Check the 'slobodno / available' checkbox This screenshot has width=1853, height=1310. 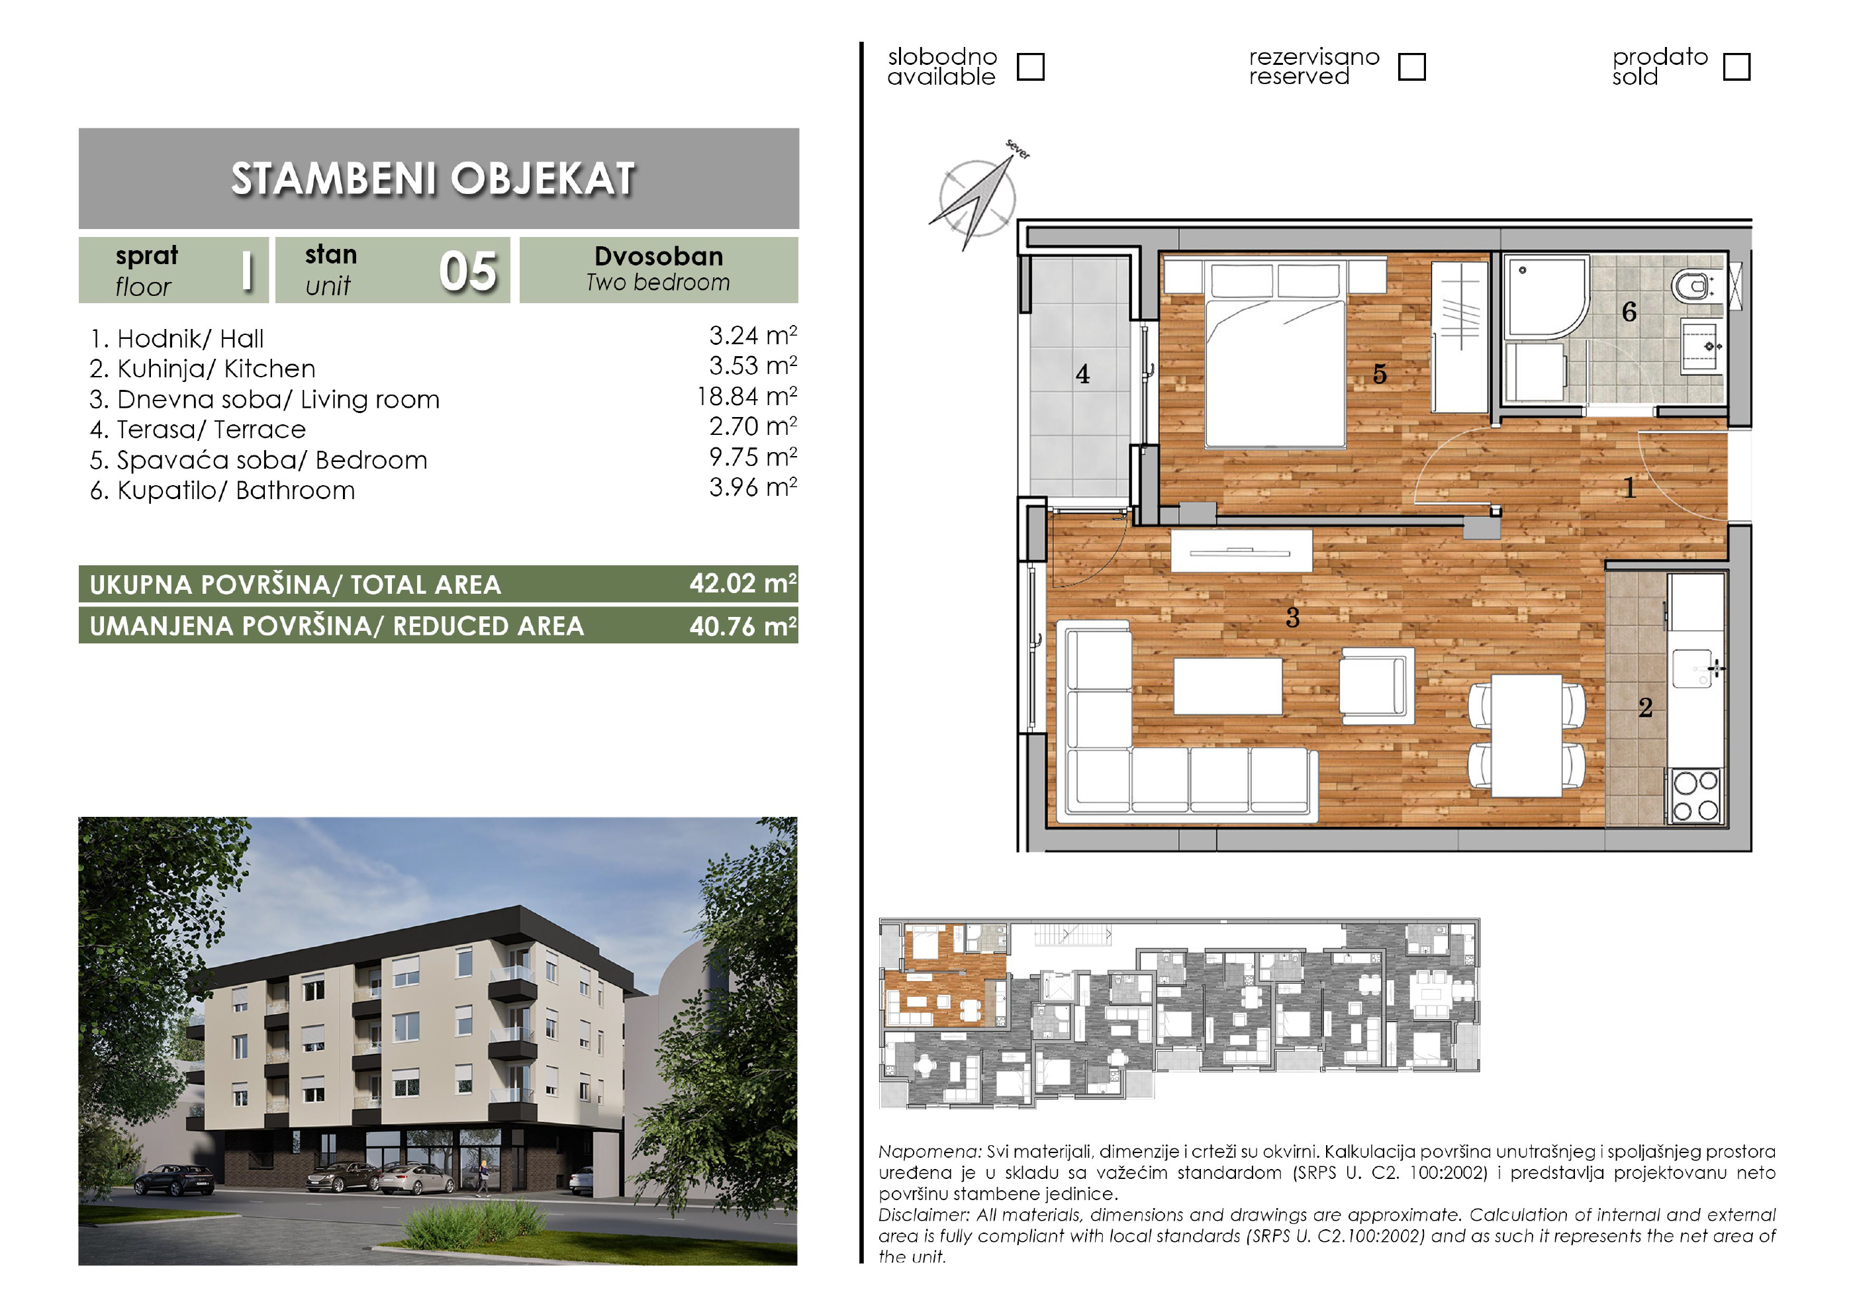pos(1031,67)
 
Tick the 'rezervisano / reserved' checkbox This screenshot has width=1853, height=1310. pos(1411,67)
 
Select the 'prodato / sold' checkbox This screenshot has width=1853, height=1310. pos(1736,67)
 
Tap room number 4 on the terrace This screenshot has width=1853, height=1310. pos(1082,375)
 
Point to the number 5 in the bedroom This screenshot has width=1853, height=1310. pos(1380,374)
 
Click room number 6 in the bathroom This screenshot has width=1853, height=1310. pos(1629,312)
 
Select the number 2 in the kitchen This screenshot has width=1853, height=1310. pos(1646,708)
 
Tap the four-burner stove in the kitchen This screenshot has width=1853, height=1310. pos(1695,796)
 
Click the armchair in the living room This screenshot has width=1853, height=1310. pos(1377,685)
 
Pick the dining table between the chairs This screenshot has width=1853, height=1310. pos(1527,735)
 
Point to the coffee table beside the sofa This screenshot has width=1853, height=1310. pos(1227,686)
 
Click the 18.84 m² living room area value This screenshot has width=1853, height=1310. pos(747,397)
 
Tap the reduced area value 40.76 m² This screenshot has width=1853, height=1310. pos(743,626)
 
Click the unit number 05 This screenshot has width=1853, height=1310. pos(468,271)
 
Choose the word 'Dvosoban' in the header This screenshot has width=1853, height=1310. pos(659,257)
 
